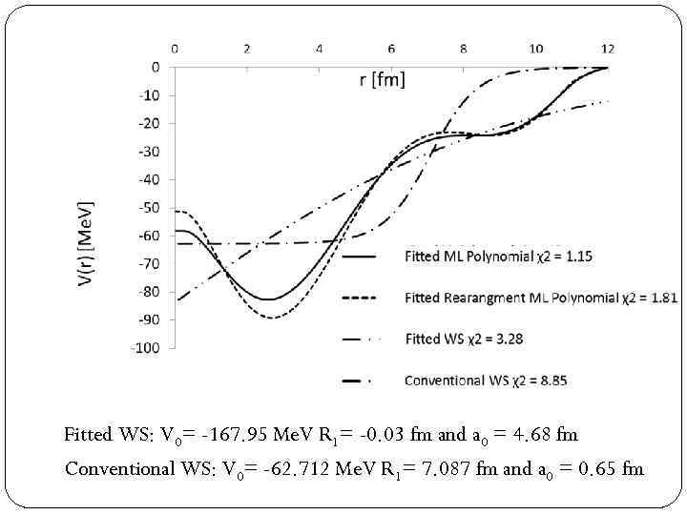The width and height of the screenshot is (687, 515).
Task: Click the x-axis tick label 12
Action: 608,49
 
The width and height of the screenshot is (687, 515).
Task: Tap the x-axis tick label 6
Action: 391,49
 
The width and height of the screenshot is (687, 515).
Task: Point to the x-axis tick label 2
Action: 247,49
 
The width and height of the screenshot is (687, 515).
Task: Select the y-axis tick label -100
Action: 146,348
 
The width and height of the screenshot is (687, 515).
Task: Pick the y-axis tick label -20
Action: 149,123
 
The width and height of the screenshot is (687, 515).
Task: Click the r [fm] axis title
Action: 382,79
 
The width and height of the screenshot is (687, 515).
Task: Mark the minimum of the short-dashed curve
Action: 273,318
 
